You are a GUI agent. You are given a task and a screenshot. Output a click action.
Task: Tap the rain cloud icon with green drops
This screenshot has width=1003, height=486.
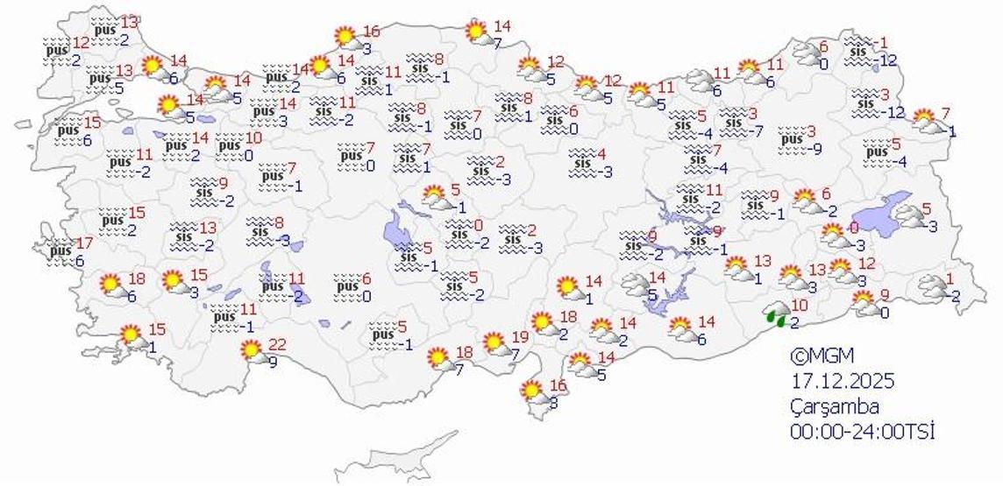(x=775, y=314)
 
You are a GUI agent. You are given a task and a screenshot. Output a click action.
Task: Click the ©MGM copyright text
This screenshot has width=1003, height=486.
(x=821, y=356)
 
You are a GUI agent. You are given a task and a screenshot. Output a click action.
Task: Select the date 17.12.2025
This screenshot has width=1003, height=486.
(x=841, y=382)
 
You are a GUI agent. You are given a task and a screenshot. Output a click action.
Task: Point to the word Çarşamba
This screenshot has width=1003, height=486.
(x=833, y=406)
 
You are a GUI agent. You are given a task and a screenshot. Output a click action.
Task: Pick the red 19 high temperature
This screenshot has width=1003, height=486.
(x=520, y=336)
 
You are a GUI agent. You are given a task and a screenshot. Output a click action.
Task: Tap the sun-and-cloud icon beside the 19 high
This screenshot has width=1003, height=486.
(x=497, y=345)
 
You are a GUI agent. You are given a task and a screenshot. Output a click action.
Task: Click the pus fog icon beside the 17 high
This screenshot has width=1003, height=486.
(x=60, y=251)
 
